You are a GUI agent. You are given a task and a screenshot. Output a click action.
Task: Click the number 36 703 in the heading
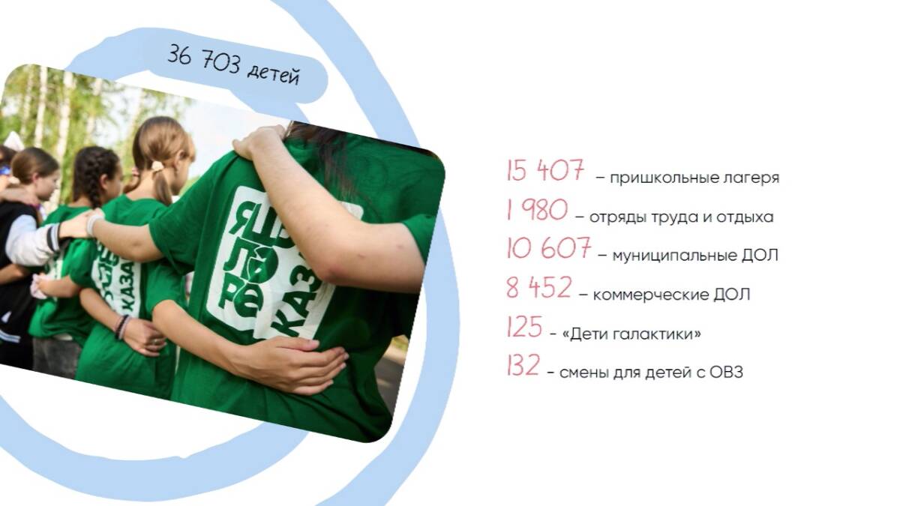(x=204, y=59)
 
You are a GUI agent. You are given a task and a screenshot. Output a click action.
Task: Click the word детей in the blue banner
(x=274, y=75)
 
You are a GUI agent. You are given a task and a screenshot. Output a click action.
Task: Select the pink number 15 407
(x=545, y=170)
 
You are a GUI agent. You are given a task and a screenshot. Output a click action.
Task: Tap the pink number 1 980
(x=537, y=210)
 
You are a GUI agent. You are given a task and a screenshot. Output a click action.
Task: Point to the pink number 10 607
(x=548, y=248)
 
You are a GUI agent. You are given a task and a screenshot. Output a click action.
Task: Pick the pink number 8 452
(x=538, y=287)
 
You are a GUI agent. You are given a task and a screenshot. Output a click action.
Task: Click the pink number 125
(x=524, y=327)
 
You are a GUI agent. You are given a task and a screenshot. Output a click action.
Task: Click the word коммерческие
(x=650, y=295)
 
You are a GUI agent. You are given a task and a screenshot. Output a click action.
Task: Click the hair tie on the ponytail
(x=157, y=166)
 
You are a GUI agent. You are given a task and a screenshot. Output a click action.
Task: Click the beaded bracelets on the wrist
(x=122, y=326)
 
